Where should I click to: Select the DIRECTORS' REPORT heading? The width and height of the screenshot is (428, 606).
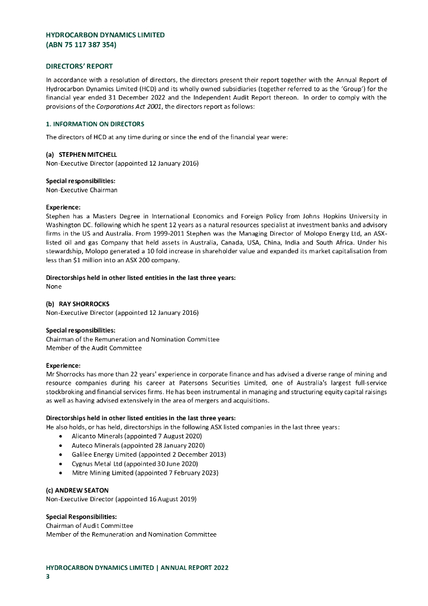click(x=79, y=66)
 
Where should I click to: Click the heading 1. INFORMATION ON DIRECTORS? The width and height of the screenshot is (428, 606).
click(x=95, y=124)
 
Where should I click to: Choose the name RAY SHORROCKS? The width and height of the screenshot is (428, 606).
click(x=84, y=304)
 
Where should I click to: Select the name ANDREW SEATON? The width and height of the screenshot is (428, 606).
click(x=77, y=491)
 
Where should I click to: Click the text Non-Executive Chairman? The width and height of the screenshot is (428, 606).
click(x=82, y=190)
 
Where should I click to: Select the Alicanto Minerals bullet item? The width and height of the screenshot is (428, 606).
click(x=137, y=436)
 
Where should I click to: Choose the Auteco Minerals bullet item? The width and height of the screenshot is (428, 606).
click(x=138, y=445)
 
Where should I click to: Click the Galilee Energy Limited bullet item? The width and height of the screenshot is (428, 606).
click(x=148, y=454)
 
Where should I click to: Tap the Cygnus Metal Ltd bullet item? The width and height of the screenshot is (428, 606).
click(x=134, y=464)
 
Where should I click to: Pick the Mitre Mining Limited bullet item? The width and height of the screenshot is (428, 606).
click(x=145, y=473)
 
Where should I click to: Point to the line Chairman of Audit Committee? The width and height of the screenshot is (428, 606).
click(x=89, y=526)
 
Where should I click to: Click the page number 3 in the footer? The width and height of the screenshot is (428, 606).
click(x=48, y=576)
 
